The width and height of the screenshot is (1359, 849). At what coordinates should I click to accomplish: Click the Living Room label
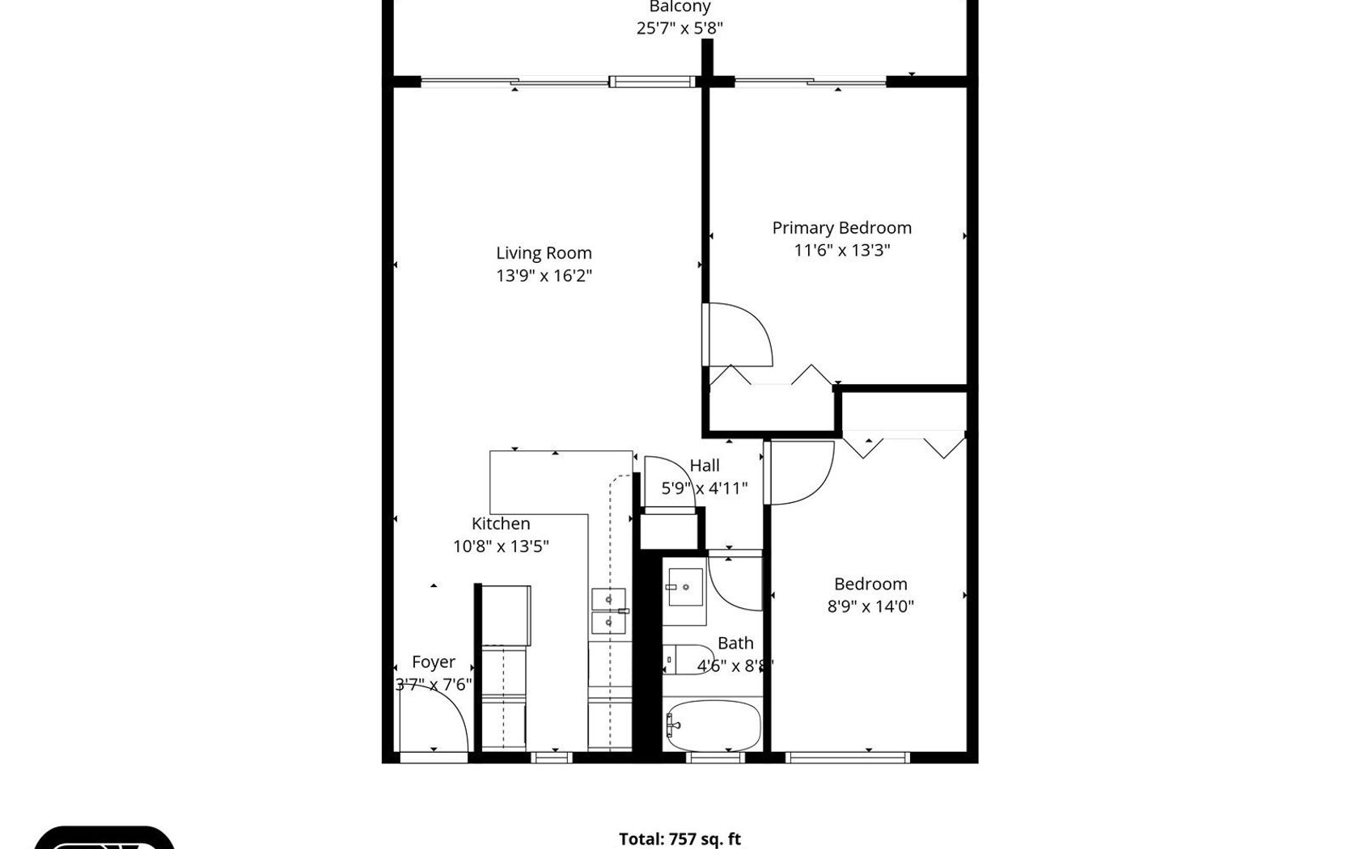pos(544,253)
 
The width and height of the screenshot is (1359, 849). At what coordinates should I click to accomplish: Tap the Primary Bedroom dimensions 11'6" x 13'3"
pos(841,250)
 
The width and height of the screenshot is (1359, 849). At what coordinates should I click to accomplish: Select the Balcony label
pos(679,6)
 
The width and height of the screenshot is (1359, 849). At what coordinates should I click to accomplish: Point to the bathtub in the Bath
pos(712,725)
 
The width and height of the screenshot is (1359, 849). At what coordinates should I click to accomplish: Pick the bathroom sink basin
pos(686,587)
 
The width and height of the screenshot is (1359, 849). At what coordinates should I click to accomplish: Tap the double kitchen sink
pos(609,610)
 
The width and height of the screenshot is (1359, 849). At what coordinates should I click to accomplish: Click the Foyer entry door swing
pos(434,719)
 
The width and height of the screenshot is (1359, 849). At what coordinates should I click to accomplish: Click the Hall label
pos(705,466)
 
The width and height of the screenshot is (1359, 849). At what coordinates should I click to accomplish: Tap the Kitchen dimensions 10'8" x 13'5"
pos(501,547)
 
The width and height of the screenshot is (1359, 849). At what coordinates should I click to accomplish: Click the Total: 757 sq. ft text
pos(679,839)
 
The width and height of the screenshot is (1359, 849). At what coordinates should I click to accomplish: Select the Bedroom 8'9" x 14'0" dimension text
pos(870,606)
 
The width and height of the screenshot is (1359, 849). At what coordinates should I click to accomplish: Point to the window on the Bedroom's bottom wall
pos(847,758)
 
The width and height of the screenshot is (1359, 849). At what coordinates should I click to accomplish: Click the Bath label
pos(735,643)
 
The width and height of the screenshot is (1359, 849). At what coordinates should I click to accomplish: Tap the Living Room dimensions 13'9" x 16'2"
pos(544,276)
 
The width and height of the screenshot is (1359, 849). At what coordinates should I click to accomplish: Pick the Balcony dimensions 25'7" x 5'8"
pos(679,28)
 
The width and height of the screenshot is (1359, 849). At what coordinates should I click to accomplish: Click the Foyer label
pos(434,662)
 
